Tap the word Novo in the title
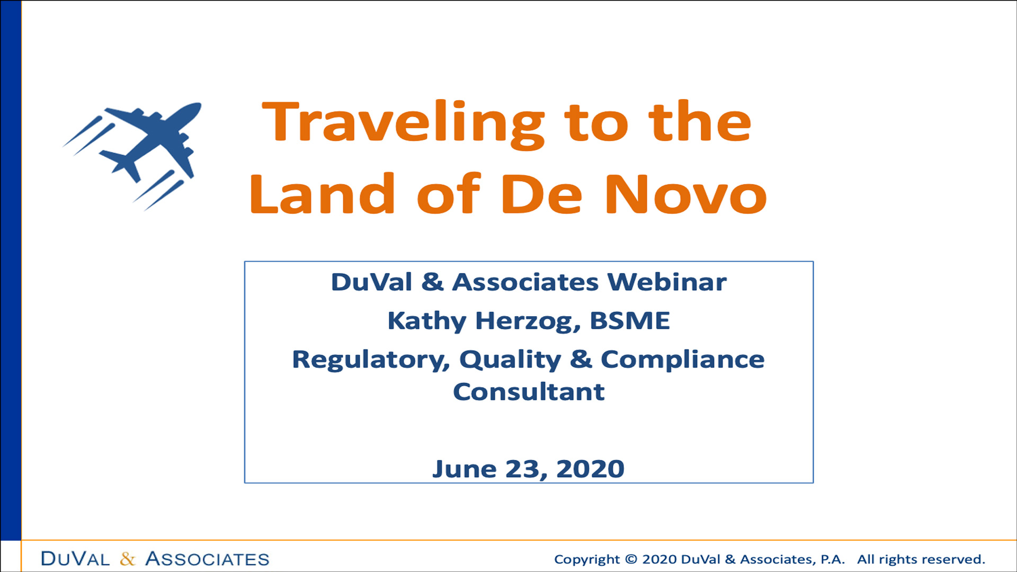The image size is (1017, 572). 686,194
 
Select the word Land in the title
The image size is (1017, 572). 322,194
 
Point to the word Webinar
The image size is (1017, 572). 667,282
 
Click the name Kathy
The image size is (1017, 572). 427,321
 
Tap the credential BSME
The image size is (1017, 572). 630,320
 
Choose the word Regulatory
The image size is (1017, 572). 371,360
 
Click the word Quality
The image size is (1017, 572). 510,360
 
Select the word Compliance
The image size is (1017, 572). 683,360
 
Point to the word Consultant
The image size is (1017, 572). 529,392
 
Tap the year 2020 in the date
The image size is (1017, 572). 590,469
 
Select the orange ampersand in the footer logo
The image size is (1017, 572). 128,559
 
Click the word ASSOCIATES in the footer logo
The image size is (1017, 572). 207,559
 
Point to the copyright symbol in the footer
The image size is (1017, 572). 631,559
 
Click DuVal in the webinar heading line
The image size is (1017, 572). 371,282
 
